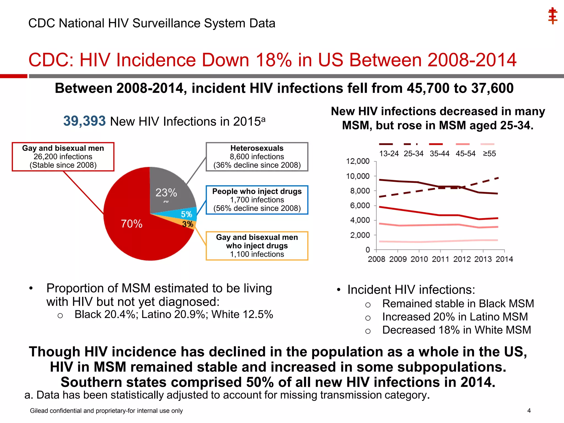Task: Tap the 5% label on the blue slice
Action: click(x=186, y=214)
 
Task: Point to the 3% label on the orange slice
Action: click(x=188, y=224)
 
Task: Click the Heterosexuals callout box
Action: click(x=257, y=157)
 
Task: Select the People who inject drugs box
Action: click(x=257, y=200)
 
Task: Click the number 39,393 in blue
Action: click(x=84, y=121)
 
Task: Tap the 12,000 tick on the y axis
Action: click(x=358, y=161)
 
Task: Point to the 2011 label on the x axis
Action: click(x=440, y=259)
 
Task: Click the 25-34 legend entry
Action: click(x=413, y=153)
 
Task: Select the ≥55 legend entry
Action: click(x=489, y=153)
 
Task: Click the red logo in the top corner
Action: click(x=552, y=16)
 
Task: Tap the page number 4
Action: click(x=529, y=411)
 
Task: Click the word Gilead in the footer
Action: click(x=39, y=411)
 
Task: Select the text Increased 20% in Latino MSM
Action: click(x=455, y=317)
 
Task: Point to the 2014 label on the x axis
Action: click(x=504, y=259)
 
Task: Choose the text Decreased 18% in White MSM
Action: click(x=456, y=330)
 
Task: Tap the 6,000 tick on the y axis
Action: click(x=360, y=205)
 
